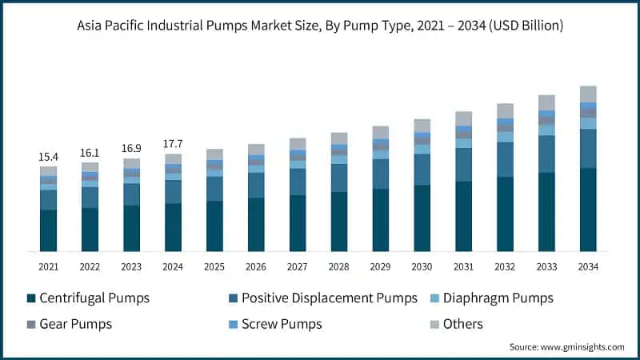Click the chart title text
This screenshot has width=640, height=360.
320,26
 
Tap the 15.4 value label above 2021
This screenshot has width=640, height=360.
49,157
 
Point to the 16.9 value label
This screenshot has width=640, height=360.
132,149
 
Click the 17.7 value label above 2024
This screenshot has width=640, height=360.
174,144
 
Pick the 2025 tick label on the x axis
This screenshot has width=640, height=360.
215,266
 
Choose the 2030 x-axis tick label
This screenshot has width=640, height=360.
422,266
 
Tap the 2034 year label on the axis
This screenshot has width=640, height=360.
588,266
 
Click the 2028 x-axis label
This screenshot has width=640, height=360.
339,266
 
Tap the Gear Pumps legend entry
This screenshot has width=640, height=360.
75,324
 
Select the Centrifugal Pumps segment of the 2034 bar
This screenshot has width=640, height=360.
588,210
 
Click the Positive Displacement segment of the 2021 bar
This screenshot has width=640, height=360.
49,200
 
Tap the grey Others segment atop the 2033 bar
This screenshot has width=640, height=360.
546,102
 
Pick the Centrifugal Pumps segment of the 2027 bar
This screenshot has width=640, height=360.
298,223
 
